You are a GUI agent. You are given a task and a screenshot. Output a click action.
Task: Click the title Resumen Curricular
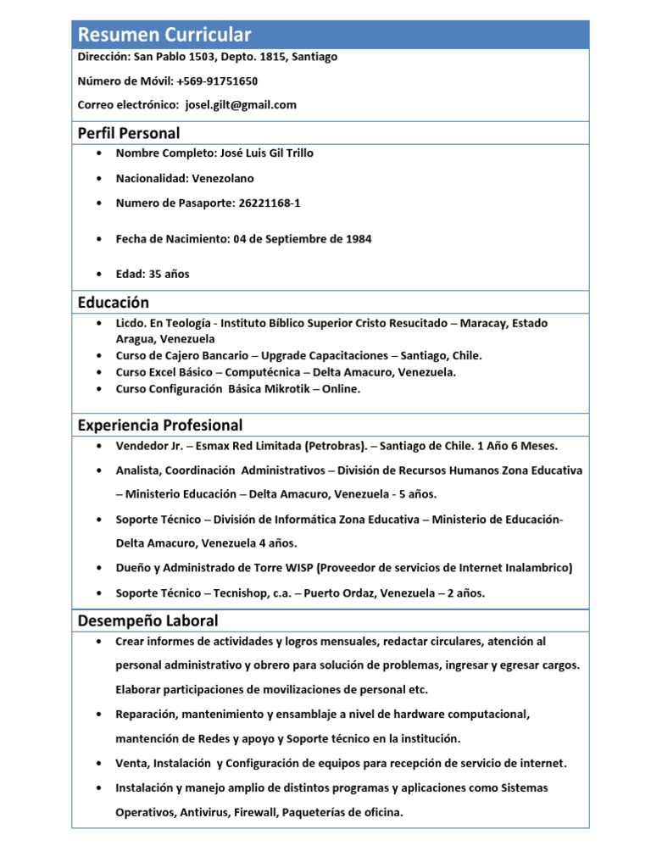coord(164,35)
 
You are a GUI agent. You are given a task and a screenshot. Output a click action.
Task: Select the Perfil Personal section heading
coord(128,133)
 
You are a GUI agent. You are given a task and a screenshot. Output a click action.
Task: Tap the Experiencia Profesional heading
coord(159,425)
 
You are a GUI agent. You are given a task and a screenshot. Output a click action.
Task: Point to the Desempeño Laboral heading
coord(147,620)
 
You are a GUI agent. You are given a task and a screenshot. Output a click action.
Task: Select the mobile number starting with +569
coord(217,81)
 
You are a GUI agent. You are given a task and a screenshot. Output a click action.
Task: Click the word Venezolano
coord(223,179)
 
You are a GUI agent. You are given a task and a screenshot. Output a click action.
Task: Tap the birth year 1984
coord(358,239)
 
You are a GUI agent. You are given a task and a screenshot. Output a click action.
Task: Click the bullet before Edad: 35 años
coord(101,274)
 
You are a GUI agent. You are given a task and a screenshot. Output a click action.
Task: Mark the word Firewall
coord(258,812)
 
